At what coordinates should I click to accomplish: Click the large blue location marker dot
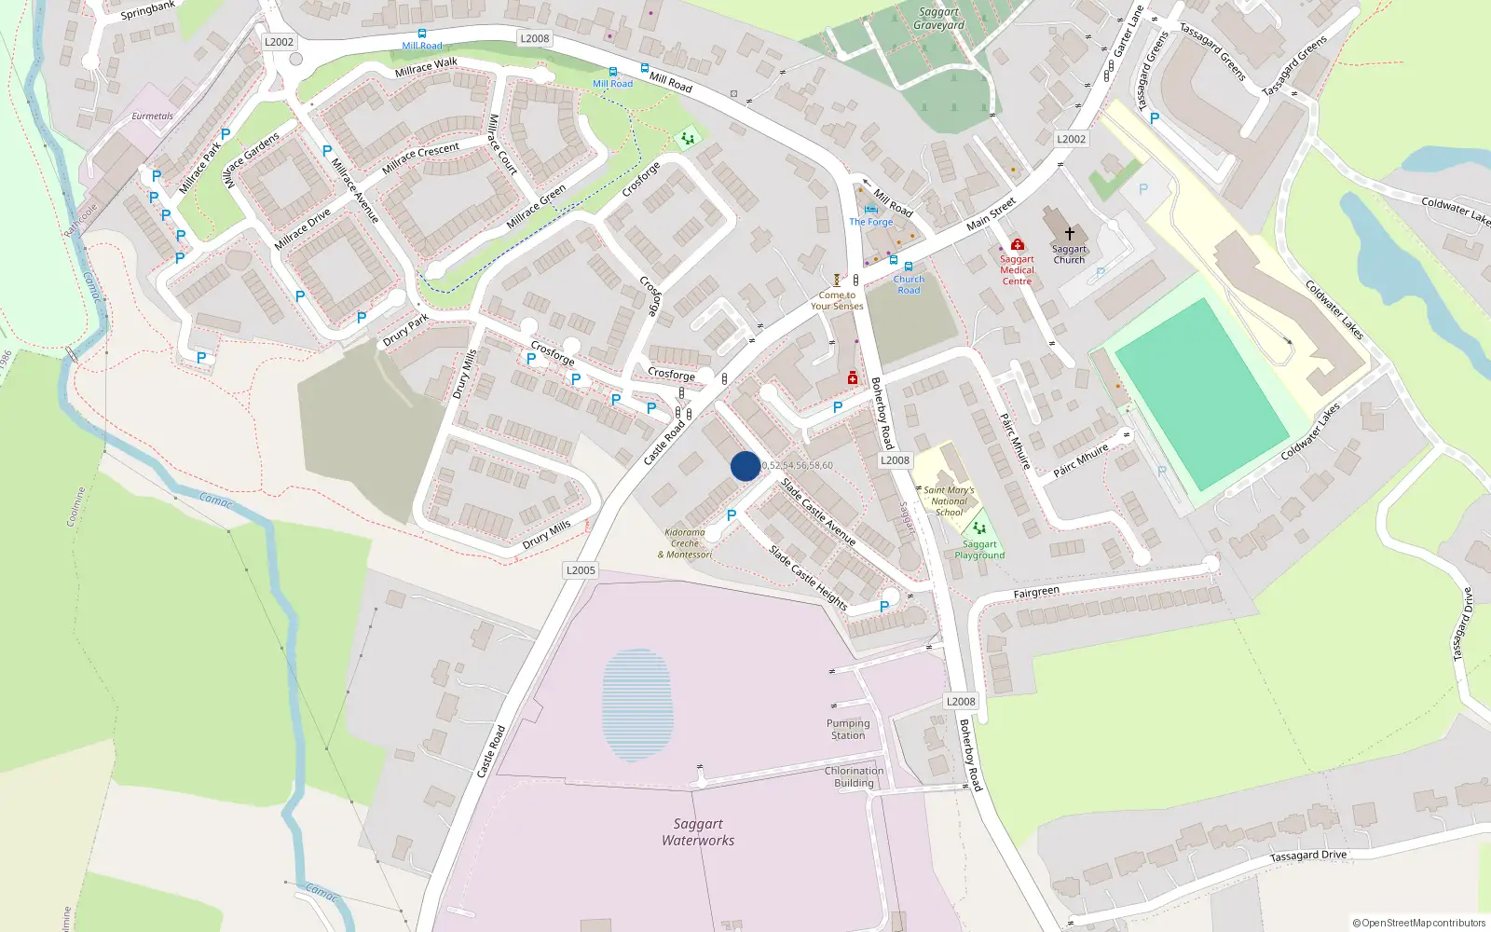(745, 466)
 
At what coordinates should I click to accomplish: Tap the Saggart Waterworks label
(698, 832)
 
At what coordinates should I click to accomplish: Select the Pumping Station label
(848, 729)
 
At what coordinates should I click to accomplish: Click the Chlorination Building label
(854, 776)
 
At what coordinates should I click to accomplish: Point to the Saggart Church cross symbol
(1070, 233)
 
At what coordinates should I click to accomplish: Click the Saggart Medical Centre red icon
(1017, 245)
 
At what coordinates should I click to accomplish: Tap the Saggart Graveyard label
(938, 19)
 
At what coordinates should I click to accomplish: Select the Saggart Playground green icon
(979, 528)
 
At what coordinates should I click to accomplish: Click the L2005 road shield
(581, 570)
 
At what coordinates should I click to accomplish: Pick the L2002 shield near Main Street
(1071, 139)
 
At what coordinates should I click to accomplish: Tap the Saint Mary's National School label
(949, 500)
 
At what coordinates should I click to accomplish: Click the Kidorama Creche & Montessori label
(685, 543)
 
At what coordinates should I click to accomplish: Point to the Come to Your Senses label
(837, 300)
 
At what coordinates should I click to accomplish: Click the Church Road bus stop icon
(909, 267)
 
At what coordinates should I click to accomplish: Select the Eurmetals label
(152, 116)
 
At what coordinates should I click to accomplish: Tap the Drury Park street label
(406, 330)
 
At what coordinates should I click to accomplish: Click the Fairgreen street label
(1036, 592)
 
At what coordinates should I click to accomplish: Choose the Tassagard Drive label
(1307, 856)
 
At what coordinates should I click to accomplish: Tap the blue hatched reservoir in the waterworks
(636, 704)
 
